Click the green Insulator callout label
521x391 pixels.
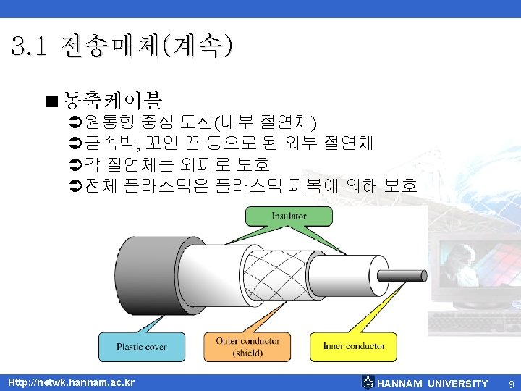click(x=289, y=216)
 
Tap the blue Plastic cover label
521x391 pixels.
click(x=142, y=347)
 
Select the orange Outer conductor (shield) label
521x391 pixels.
click(x=247, y=347)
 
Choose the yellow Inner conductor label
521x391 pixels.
click(x=355, y=346)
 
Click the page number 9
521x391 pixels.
click(x=511, y=383)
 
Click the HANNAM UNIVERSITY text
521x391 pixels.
click(x=433, y=383)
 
